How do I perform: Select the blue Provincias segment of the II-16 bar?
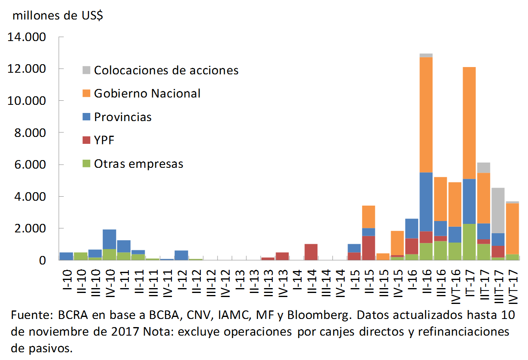click(426, 202)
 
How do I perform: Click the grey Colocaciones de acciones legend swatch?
click(86, 70)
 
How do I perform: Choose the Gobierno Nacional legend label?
click(147, 93)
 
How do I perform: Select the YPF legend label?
click(105, 141)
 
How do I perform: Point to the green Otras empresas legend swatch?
click(86, 164)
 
